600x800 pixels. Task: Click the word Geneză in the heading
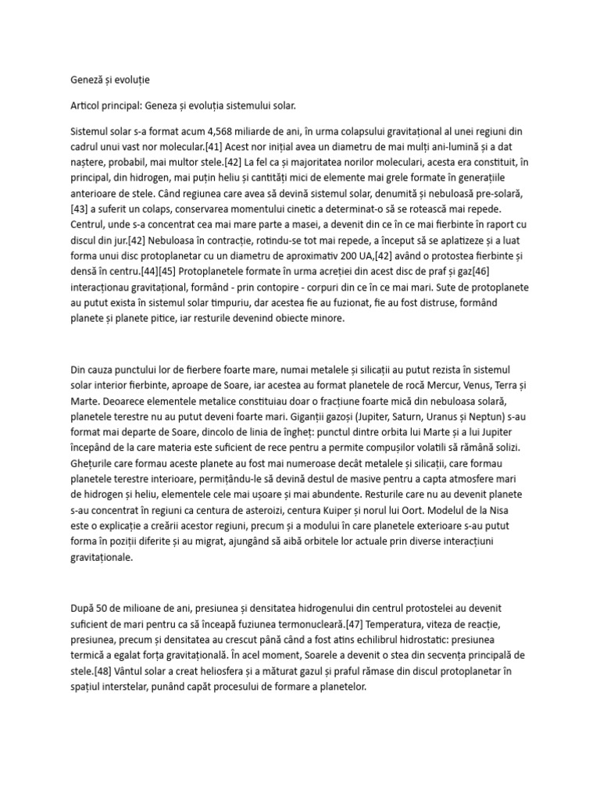[x=80, y=80]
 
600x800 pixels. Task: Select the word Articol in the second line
[x=80, y=105]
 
